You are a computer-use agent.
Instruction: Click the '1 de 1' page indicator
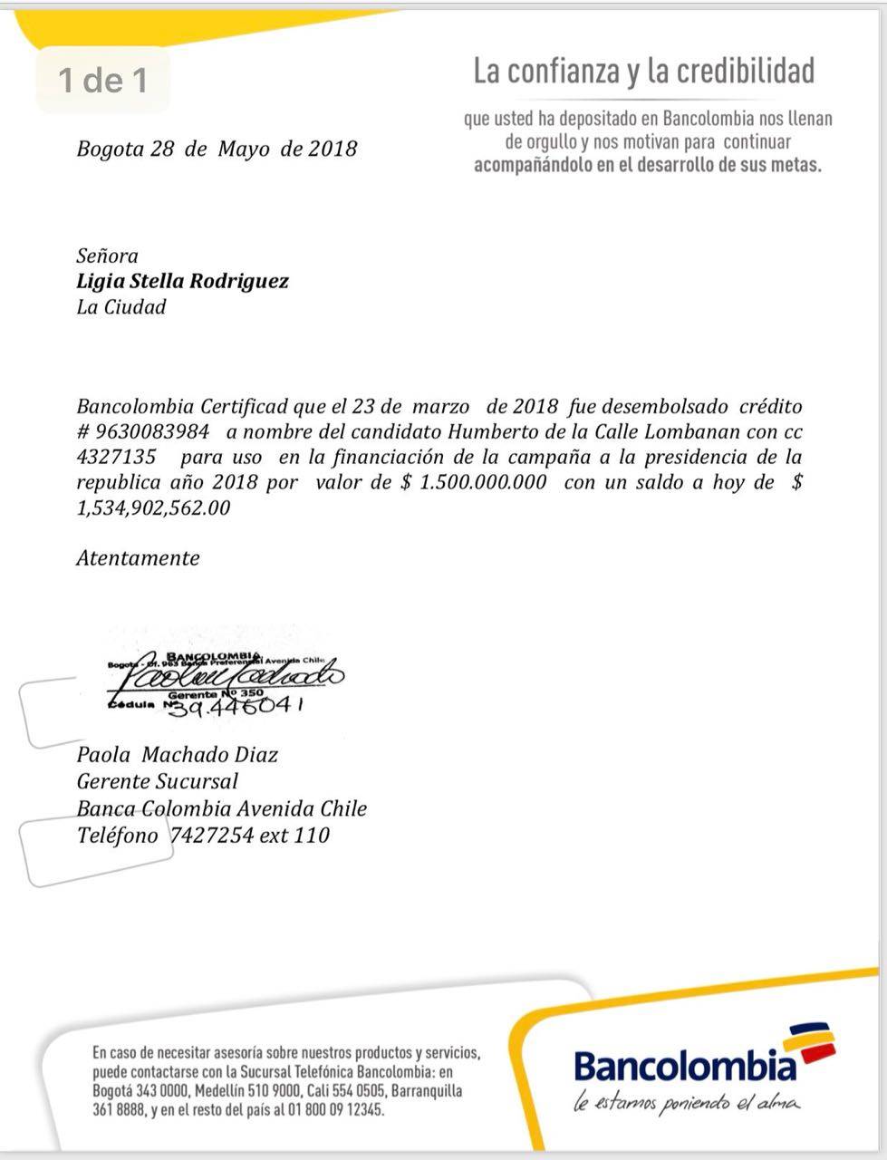pyautogui.click(x=102, y=81)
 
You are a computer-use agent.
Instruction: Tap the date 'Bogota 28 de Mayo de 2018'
pyautogui.click(x=217, y=149)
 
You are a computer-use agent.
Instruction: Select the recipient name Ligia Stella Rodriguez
pyautogui.click(x=182, y=281)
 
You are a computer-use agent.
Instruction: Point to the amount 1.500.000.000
pyautogui.click(x=484, y=482)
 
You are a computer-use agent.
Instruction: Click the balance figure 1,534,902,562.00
pyautogui.click(x=153, y=507)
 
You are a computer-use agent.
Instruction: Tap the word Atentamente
pyautogui.click(x=138, y=558)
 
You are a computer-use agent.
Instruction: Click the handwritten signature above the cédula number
pyautogui.click(x=232, y=676)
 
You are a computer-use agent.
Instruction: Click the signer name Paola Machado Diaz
pyautogui.click(x=178, y=755)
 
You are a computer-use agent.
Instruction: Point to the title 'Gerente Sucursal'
pyautogui.click(x=157, y=781)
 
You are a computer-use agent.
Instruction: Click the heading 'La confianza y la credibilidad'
pyautogui.click(x=644, y=72)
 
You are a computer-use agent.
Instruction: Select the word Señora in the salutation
pyautogui.click(x=107, y=256)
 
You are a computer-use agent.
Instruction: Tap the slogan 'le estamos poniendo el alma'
pyautogui.click(x=687, y=1103)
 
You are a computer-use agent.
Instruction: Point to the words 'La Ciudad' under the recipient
pyautogui.click(x=121, y=306)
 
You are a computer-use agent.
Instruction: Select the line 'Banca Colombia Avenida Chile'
pyautogui.click(x=221, y=808)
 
